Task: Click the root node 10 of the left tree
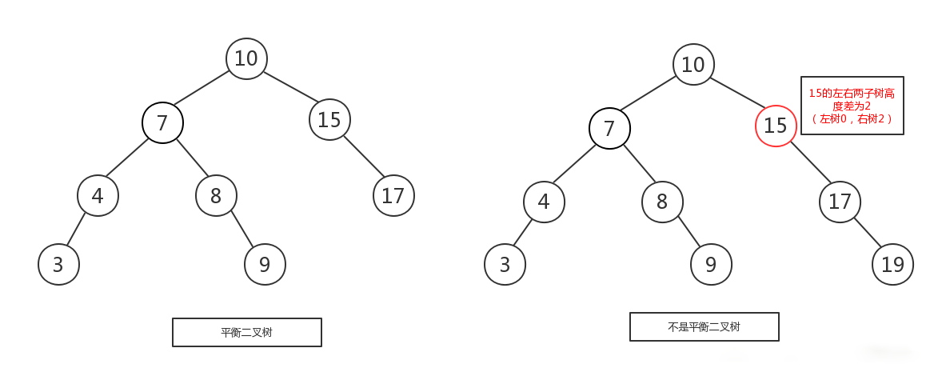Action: [x=246, y=58]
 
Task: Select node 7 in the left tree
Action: [x=162, y=122]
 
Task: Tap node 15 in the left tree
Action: [x=329, y=120]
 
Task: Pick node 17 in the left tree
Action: [x=393, y=195]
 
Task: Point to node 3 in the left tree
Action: [x=58, y=264]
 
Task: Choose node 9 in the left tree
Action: [x=265, y=264]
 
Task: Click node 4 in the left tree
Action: [x=98, y=195]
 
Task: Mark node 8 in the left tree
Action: [x=217, y=195]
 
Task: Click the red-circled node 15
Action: [x=776, y=126]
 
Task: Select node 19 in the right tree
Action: [x=893, y=264]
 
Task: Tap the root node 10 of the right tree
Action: [x=693, y=64]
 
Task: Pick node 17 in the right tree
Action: [x=840, y=202]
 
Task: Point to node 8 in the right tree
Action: [x=662, y=202]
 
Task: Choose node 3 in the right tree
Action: [x=505, y=264]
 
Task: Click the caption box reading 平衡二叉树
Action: [x=247, y=333]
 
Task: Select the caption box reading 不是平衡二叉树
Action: [x=704, y=326]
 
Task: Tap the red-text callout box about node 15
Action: [x=852, y=106]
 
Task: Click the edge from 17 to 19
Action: [x=868, y=233]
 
